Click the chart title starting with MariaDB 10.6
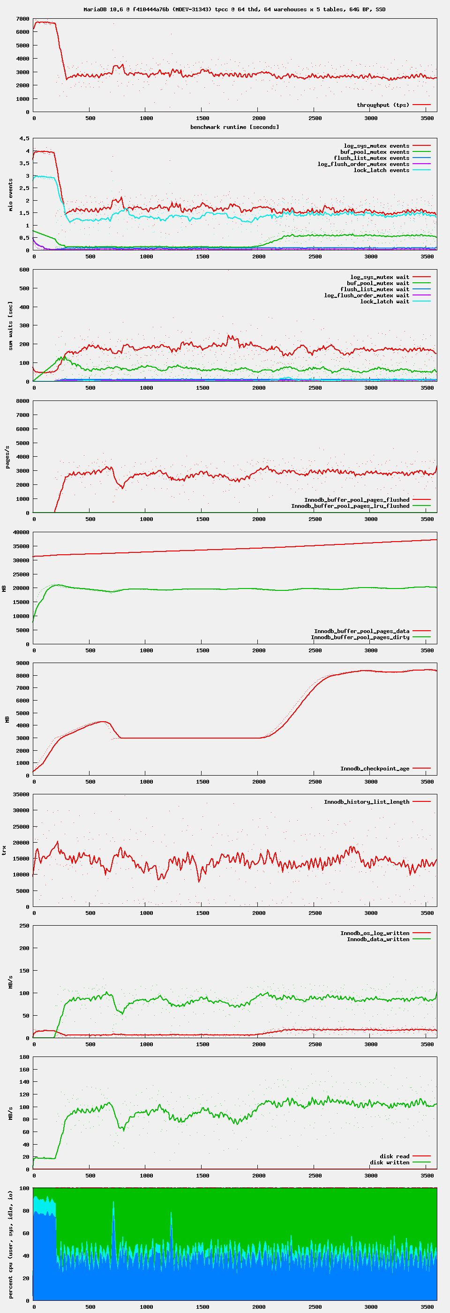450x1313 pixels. point(234,9)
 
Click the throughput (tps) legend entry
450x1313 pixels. point(382,105)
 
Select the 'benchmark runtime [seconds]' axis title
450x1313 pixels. point(234,127)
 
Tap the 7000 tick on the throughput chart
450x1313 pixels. point(22,19)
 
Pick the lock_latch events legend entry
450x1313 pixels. point(381,170)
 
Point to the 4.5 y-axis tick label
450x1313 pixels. point(24,139)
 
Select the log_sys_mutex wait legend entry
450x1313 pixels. point(380,277)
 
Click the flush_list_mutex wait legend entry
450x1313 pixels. point(375,289)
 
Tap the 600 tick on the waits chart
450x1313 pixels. point(24,270)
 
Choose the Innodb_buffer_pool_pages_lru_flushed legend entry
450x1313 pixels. point(350,506)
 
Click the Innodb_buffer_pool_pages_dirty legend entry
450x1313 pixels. point(360,637)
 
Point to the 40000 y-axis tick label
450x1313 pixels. point(21,532)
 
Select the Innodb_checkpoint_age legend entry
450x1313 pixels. point(375,769)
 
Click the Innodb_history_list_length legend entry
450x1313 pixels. point(367,802)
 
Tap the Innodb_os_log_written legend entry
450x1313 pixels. point(375,933)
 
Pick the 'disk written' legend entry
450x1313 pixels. point(390,1162)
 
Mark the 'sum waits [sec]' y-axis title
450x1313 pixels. point(10,326)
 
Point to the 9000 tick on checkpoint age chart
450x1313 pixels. point(22,663)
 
